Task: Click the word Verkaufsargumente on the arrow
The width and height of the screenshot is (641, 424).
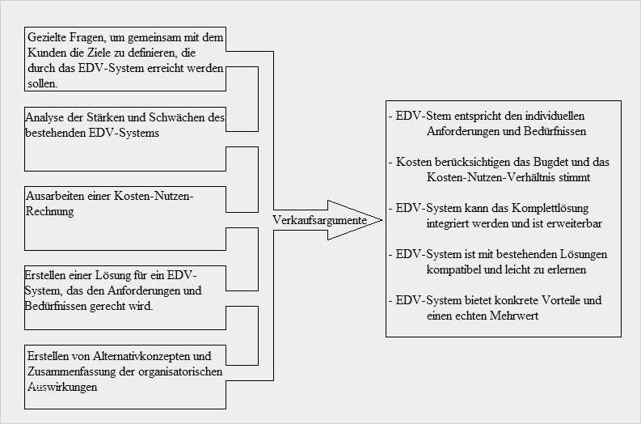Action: point(319,221)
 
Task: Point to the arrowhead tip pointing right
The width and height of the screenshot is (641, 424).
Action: point(382,220)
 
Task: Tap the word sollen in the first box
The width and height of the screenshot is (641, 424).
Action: point(43,84)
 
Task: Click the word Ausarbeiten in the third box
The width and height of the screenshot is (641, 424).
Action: point(55,196)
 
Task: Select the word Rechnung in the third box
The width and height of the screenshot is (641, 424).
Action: point(50,211)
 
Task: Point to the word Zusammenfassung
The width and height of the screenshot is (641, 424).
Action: point(72,371)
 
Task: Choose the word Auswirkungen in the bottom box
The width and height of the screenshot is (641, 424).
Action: point(62,387)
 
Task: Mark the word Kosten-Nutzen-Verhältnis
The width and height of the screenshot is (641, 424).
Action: point(485,178)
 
